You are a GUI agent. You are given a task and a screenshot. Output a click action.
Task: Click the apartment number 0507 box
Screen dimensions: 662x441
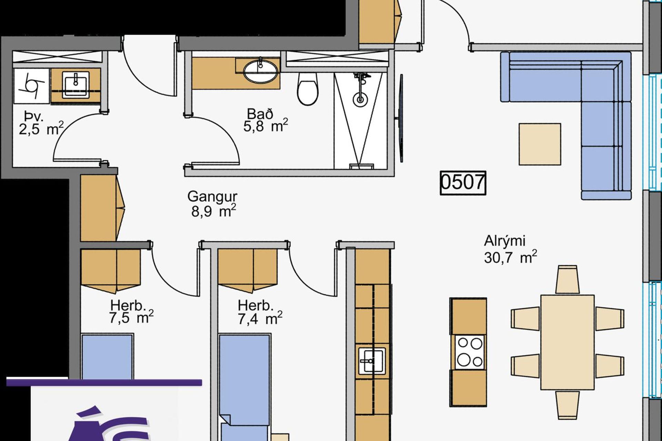463,183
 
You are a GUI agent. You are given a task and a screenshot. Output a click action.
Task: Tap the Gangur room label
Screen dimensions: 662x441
212,197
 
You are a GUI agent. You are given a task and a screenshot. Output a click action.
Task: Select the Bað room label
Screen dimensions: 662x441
260,114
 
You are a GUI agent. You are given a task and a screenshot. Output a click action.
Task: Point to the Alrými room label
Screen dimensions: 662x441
505,241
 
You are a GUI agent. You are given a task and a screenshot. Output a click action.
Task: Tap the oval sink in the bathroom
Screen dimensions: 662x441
261,71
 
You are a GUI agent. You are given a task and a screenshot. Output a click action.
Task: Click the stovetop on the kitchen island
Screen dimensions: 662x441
469,352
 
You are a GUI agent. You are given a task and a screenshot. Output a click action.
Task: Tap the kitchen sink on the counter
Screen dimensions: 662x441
372,361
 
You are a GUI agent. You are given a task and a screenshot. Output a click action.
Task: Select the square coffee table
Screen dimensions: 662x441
540,144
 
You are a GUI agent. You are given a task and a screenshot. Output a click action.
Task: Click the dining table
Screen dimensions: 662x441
567,342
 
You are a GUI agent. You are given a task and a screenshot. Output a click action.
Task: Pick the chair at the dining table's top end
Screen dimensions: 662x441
568,279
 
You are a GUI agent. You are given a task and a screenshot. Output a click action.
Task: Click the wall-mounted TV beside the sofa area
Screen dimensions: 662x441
401,118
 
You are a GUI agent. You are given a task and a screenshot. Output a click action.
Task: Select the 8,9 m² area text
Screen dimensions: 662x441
213,211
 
